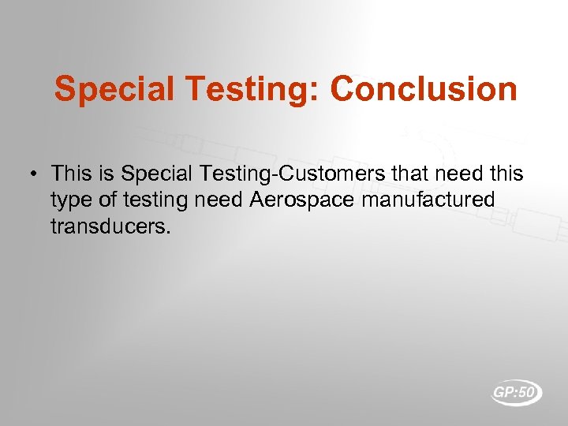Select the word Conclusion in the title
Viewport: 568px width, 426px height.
(x=424, y=89)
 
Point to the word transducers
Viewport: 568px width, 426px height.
(x=110, y=227)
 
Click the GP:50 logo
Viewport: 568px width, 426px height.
(x=517, y=392)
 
